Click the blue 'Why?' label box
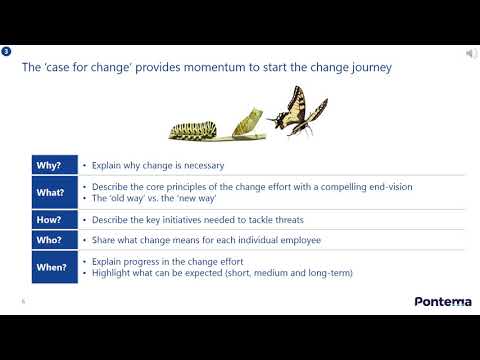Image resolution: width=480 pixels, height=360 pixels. [x=49, y=165]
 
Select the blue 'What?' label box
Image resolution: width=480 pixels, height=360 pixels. [x=49, y=192]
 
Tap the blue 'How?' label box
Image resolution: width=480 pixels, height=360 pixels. [x=49, y=219]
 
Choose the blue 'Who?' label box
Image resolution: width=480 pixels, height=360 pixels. [x=49, y=240]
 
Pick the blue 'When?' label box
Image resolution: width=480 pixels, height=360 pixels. [x=49, y=267]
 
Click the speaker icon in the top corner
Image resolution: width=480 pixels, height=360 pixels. [x=471, y=53]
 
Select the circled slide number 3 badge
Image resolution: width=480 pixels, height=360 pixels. [x=8, y=51]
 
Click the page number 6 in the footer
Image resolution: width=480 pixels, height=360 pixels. [x=22, y=299]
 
